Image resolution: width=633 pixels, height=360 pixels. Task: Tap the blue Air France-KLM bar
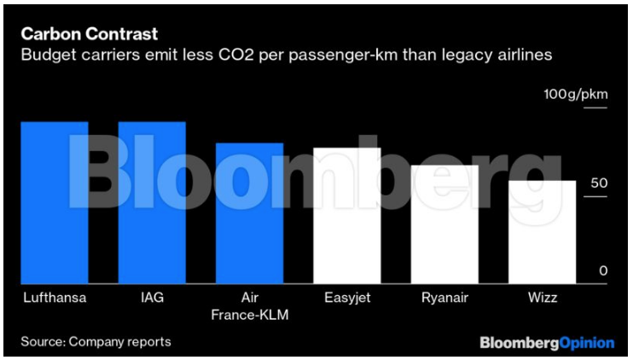click(249, 213)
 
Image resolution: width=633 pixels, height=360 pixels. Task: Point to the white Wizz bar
click(542, 232)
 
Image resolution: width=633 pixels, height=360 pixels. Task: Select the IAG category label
click(151, 299)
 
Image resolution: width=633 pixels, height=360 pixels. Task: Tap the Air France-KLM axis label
click(249, 307)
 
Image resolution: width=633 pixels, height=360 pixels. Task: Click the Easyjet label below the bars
click(346, 299)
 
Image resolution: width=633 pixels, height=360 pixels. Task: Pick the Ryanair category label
click(444, 299)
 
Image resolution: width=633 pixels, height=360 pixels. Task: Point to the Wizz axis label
click(542, 299)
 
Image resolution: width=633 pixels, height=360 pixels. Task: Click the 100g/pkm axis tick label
click(576, 93)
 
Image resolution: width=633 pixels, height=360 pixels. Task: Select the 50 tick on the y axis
click(598, 184)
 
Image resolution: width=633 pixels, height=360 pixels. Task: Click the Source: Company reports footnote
click(96, 342)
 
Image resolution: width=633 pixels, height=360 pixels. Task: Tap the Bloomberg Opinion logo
click(546, 343)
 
